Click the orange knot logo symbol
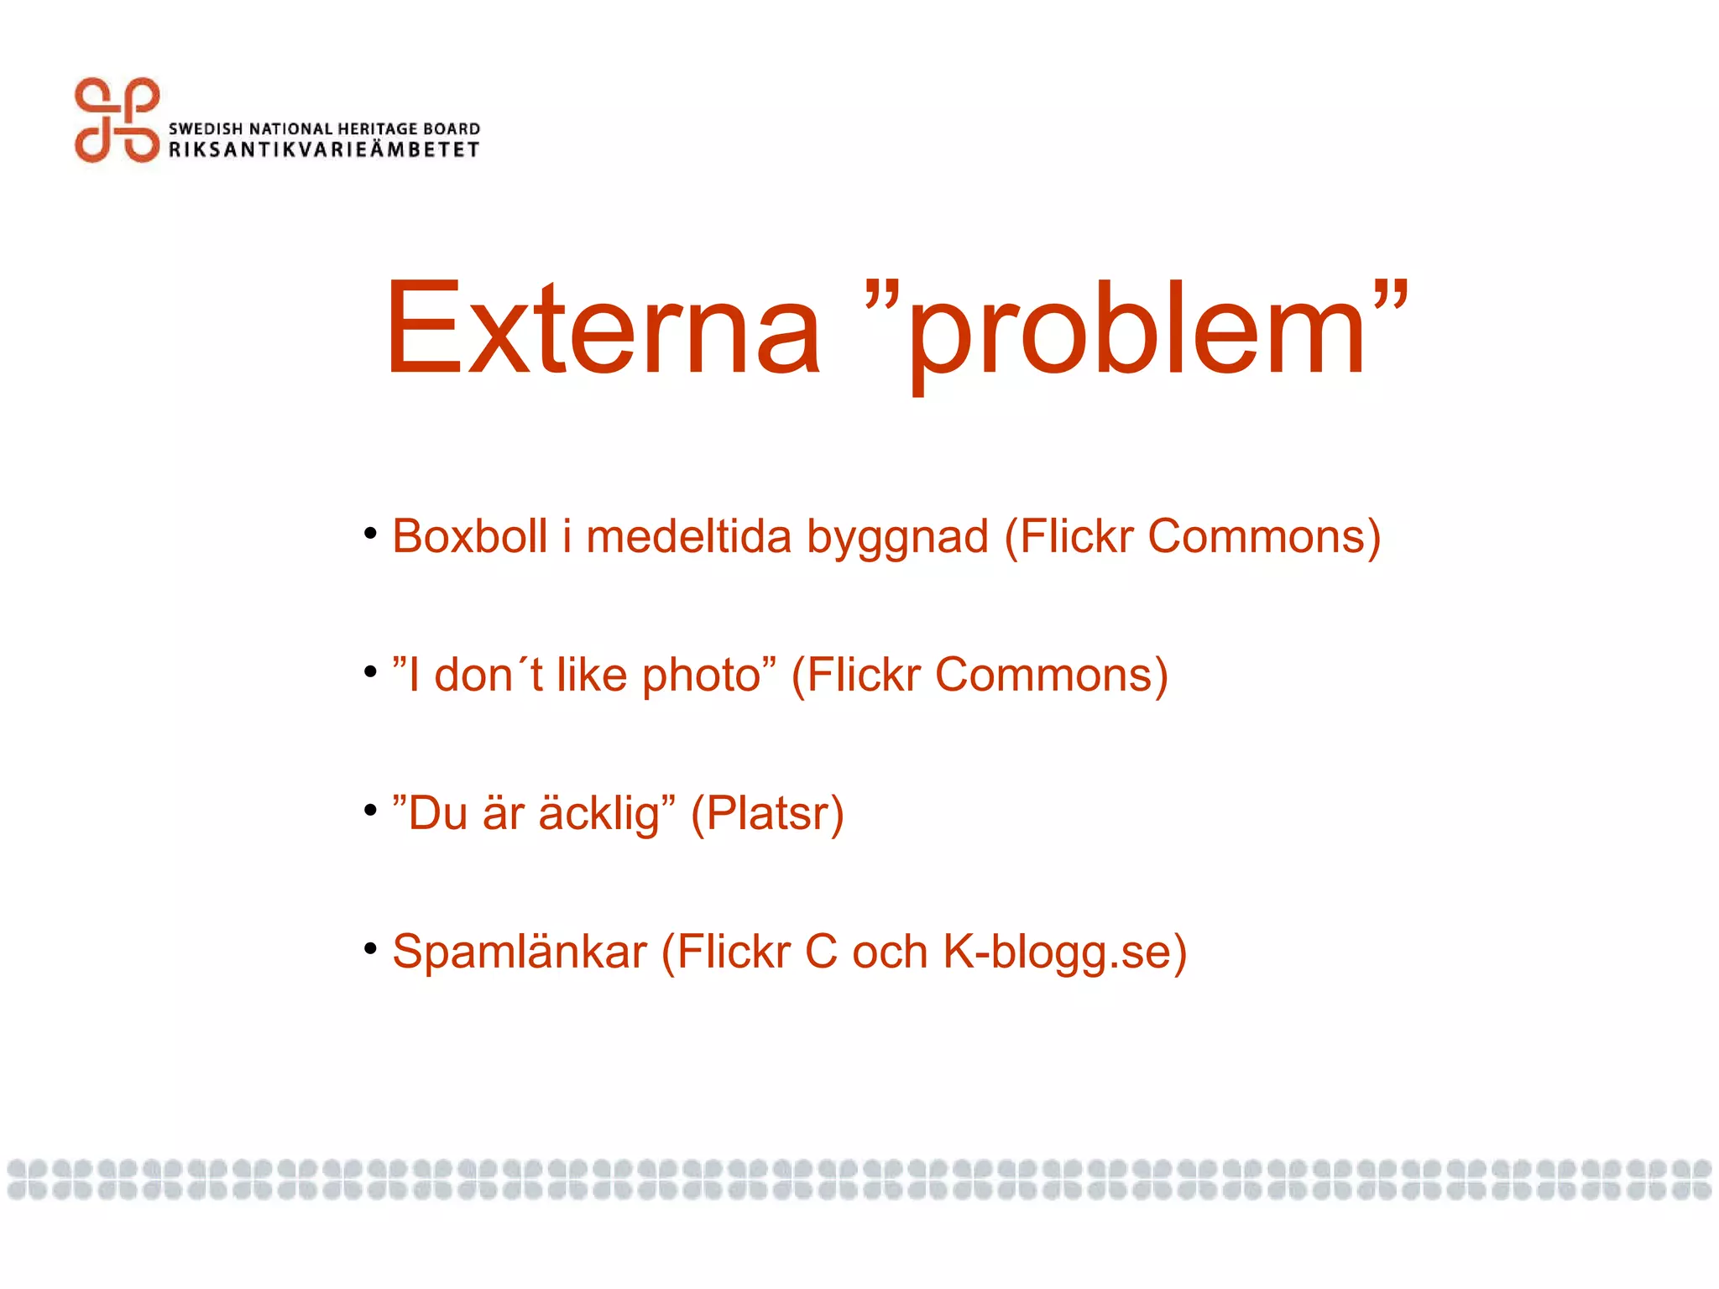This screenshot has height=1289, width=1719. click(117, 120)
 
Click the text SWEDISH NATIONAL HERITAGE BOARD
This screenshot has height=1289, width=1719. click(324, 128)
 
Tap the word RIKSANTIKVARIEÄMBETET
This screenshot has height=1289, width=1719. click(324, 150)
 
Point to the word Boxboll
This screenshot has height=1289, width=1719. click(469, 536)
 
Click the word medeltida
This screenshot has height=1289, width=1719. click(688, 536)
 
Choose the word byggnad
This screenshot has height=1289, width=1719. click(897, 538)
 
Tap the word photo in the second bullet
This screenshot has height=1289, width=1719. click(702, 676)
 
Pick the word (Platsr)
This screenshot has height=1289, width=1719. click(767, 813)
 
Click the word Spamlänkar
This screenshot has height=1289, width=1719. click(519, 952)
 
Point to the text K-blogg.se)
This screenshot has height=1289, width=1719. click(1065, 952)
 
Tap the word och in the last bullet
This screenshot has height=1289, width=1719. click(890, 952)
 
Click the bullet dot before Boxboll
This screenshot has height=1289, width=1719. click(370, 533)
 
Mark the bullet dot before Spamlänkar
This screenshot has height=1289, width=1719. click(370, 948)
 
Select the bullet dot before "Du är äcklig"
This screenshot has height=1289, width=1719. click(370, 810)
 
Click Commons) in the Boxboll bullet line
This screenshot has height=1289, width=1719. click(1264, 536)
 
